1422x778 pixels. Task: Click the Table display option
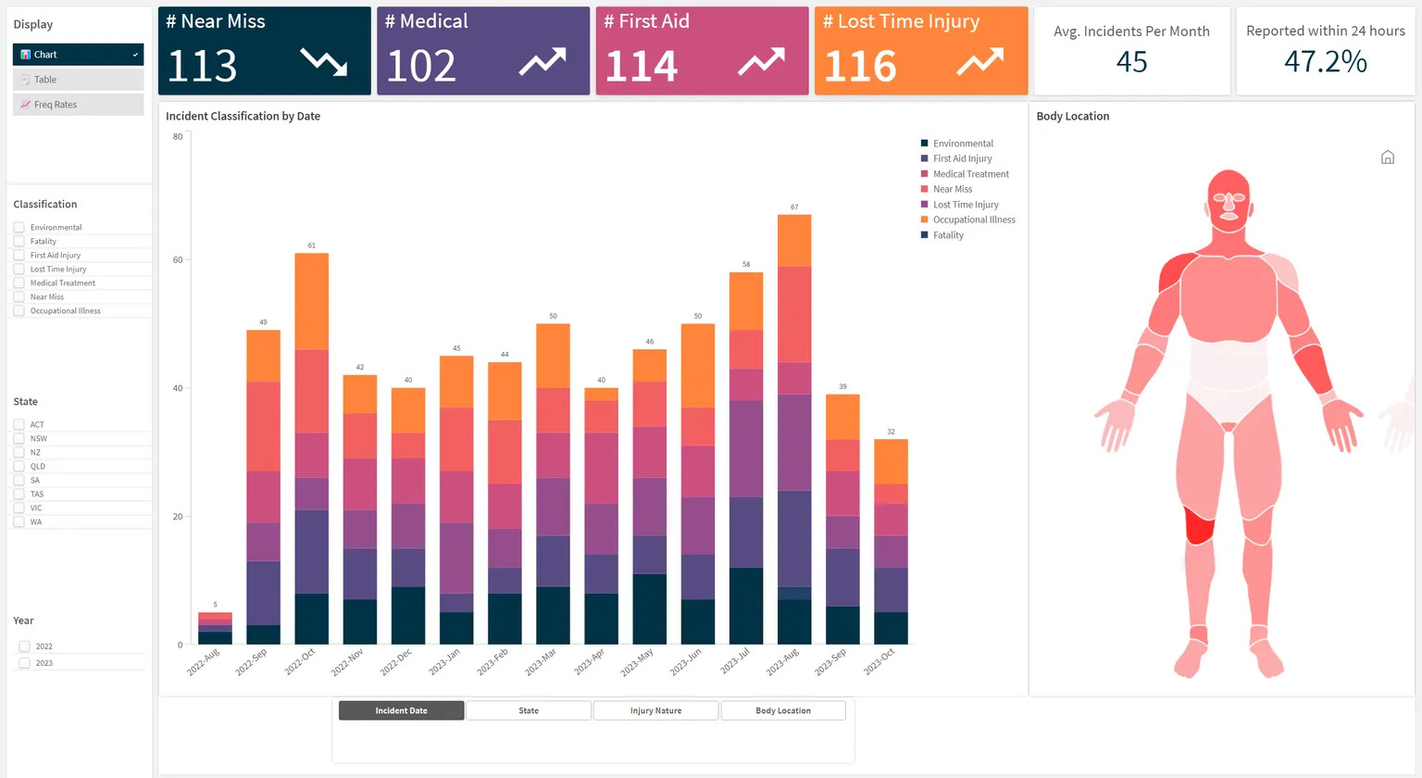(78, 80)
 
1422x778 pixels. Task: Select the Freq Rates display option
(78, 105)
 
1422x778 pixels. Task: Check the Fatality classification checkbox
(19, 241)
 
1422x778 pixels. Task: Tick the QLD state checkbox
(19, 466)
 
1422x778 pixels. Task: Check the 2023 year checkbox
(25, 663)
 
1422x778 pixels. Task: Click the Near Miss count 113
(203, 66)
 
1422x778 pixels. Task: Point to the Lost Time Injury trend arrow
(979, 62)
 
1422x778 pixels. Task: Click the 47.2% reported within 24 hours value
(1325, 62)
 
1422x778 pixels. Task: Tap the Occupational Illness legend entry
(973, 220)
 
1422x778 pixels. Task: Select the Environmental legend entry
(962, 144)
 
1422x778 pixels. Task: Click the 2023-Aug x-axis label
(782, 662)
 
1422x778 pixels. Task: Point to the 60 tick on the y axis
(178, 260)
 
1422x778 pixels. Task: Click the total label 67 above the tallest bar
(794, 207)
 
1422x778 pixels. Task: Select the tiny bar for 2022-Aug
(215, 628)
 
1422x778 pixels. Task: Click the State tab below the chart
(529, 710)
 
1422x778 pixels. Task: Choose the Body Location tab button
(782, 710)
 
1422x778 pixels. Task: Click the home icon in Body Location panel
(1387, 157)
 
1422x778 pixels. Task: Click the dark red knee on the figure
(1199, 525)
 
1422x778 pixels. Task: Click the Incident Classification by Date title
(243, 117)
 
